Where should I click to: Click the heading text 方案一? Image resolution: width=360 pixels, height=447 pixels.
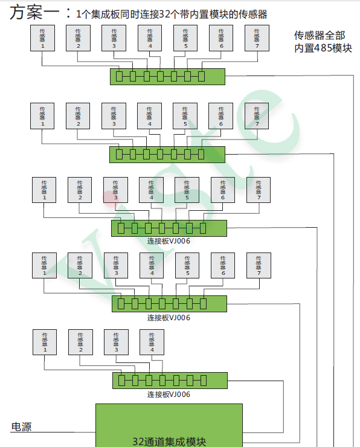pyautogui.click(x=36, y=12)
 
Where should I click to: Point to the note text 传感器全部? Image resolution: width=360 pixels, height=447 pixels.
pyautogui.click(x=320, y=36)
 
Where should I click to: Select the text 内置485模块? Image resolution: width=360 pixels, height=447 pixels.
pyautogui.click(x=323, y=48)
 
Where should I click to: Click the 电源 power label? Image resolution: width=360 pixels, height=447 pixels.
pyautogui.click(x=21, y=427)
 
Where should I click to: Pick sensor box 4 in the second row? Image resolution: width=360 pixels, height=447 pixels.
pyautogui.click(x=149, y=115)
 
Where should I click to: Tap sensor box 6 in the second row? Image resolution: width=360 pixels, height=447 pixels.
pyautogui.click(x=220, y=115)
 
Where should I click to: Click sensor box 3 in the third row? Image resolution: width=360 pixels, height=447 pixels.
pyautogui.click(x=115, y=190)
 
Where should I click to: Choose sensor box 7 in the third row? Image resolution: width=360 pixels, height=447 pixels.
pyautogui.click(x=259, y=190)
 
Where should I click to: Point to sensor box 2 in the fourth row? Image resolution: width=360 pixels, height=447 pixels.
pyautogui.click(x=80, y=265)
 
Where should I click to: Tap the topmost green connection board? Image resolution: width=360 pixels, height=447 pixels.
pyautogui.click(x=167, y=76)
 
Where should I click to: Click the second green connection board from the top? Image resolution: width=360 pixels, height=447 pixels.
pyautogui.click(x=167, y=154)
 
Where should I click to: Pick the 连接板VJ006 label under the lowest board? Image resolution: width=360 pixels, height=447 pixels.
pyautogui.click(x=169, y=394)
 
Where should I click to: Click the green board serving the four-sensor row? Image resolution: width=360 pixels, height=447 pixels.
pyautogui.click(x=170, y=381)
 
